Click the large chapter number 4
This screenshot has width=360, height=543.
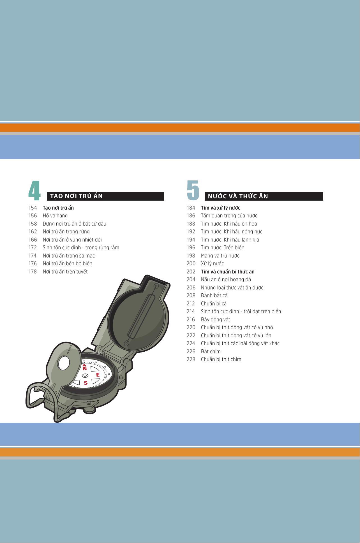pos(34,191)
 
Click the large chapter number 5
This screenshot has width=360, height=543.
pos(193,191)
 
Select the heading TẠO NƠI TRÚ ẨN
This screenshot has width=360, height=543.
pos(77,196)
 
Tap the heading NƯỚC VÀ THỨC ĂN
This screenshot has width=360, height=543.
pos(238,196)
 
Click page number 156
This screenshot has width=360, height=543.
pos(33,216)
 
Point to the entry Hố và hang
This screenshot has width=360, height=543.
pos(55,216)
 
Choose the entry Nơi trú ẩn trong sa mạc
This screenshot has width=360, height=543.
pos(69,256)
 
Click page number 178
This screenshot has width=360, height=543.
pos(33,271)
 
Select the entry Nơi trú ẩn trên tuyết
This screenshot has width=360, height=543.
pos(65,272)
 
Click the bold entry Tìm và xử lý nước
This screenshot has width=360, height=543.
pos(221,208)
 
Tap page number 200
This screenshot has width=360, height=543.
pos(191,264)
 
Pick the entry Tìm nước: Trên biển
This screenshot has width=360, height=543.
pos(223,248)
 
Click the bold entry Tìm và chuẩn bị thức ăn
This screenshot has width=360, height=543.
pos(228,272)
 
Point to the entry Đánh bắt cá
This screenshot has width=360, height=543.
pos(214,296)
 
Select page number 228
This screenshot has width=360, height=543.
pos(191,359)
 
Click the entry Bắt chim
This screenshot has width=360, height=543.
pos(211,351)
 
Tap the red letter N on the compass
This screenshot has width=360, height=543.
pos(84,368)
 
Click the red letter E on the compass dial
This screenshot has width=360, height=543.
pos(98,375)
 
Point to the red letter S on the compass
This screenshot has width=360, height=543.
pos(86,383)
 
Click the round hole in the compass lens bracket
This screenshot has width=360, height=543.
pos(63,363)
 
